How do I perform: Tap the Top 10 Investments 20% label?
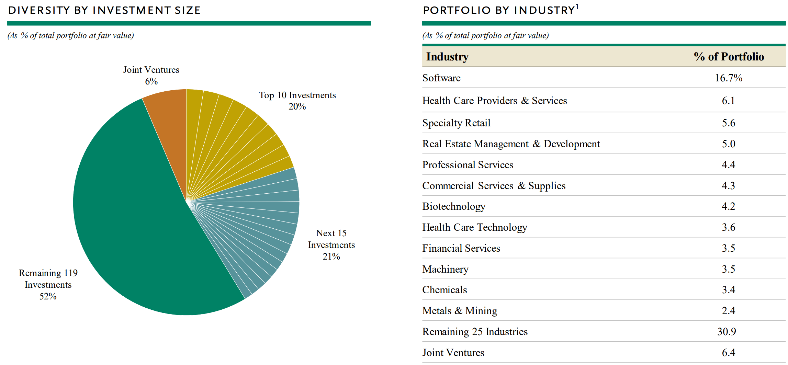coord(297,101)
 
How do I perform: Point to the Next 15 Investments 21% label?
coord(331,245)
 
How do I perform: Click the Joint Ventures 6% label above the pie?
coord(151,75)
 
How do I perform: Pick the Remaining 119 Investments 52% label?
coord(48,284)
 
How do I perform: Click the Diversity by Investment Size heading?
coord(104,10)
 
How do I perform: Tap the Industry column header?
coord(447,57)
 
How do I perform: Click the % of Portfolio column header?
coord(729,57)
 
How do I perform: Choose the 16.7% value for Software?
coord(728,78)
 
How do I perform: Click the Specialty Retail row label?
coord(456,123)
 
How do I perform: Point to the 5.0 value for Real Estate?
coord(728,144)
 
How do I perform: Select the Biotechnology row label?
coord(453,206)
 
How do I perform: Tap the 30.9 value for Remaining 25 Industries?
coord(727,332)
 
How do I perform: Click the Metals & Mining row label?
coord(460,311)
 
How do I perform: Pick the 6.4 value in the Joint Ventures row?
coord(728,353)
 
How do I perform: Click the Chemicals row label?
coord(444,290)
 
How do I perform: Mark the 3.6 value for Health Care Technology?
coord(728,227)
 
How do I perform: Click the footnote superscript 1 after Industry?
coord(577,6)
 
